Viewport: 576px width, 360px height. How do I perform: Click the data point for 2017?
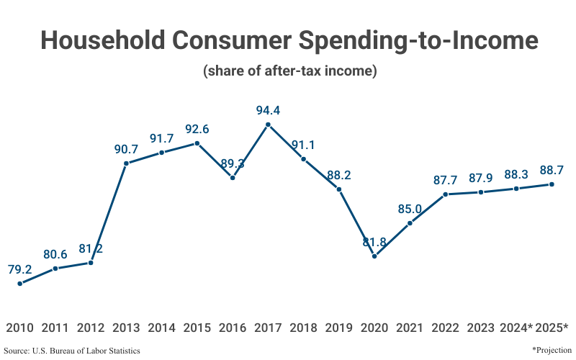click(x=268, y=125)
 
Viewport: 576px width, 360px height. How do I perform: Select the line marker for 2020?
click(x=374, y=256)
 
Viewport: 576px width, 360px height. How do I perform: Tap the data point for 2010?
click(x=19, y=283)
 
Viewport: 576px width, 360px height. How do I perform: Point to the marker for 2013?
click(x=126, y=163)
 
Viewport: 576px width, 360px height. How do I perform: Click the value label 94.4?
click(x=268, y=111)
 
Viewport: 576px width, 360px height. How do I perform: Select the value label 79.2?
click(x=19, y=270)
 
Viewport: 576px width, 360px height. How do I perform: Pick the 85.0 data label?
click(x=410, y=210)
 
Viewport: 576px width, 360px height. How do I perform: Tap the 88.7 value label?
click(x=552, y=171)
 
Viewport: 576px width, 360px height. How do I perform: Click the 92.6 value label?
click(x=197, y=130)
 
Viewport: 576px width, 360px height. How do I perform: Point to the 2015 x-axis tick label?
click(x=197, y=328)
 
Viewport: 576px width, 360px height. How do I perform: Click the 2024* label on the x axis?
click(x=516, y=328)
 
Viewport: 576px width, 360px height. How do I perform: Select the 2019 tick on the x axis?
click(x=338, y=328)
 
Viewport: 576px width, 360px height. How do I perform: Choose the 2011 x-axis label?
click(x=55, y=328)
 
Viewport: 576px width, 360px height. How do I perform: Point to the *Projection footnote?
click(x=552, y=350)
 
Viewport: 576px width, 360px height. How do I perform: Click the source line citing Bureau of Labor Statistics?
click(x=72, y=351)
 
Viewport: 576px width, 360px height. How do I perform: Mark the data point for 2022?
click(x=445, y=194)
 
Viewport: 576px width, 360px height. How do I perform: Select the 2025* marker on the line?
click(x=552, y=184)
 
